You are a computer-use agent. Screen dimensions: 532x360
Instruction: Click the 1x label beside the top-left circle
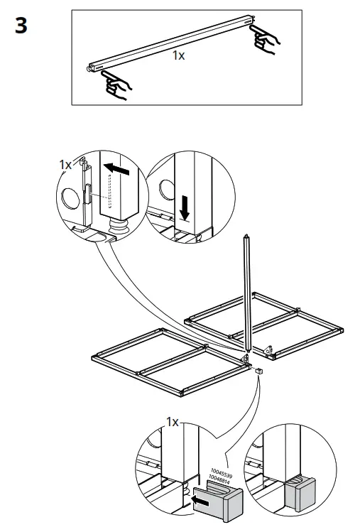point(65,164)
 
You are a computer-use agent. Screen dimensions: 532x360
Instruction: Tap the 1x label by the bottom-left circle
point(173,422)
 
